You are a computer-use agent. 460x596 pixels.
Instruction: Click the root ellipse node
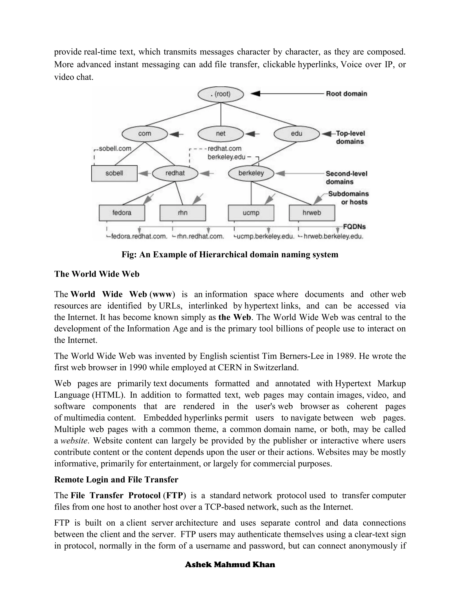(x=221, y=94)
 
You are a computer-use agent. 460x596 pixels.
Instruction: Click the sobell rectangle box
(x=114, y=173)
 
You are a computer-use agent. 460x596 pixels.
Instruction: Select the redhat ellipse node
(x=175, y=173)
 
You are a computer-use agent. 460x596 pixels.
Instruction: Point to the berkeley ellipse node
(x=251, y=173)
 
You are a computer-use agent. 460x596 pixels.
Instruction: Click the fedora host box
(x=122, y=213)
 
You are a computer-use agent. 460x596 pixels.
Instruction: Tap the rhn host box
(x=183, y=213)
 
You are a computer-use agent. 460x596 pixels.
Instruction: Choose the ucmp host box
(x=251, y=213)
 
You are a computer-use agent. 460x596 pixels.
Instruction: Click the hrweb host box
(x=312, y=213)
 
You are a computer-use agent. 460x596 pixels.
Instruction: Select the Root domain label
(x=346, y=94)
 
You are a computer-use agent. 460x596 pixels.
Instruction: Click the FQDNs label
(x=354, y=227)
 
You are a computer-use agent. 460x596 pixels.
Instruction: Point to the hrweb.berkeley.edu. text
(x=333, y=237)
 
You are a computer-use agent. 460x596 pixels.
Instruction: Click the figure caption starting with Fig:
(x=230, y=255)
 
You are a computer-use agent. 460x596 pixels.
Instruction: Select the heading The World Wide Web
(x=97, y=274)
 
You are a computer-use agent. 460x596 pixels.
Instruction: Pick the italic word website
(x=74, y=441)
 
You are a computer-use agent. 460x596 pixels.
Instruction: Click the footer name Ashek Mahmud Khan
(x=230, y=565)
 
